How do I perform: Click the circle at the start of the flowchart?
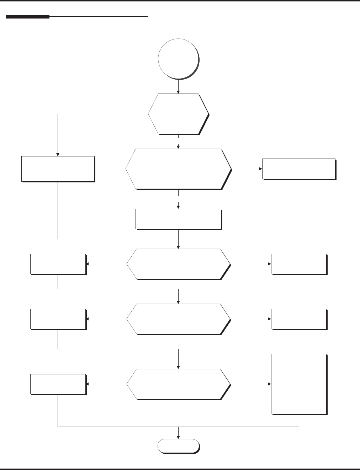(178, 58)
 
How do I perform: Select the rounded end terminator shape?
(178, 446)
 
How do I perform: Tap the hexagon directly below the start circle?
(178, 114)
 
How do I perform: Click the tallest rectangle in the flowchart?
(299, 384)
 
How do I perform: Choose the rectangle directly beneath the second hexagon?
(179, 219)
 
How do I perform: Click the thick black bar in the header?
(27, 17)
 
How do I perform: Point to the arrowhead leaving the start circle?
(178, 91)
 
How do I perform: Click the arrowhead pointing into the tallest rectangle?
(269, 384)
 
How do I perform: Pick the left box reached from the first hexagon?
(58, 169)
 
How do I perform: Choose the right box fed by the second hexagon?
(299, 169)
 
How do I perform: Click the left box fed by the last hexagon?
(58, 384)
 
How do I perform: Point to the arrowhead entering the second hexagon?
(178, 146)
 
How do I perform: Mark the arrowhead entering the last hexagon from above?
(178, 367)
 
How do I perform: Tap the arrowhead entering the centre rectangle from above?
(178, 207)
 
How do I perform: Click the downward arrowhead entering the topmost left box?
(58, 154)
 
